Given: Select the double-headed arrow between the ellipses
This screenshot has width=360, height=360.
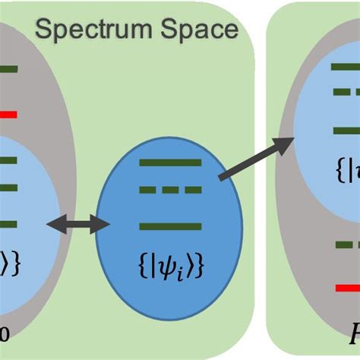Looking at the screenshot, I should coord(78,223).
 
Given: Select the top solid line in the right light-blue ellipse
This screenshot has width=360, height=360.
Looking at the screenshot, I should coord(346,68).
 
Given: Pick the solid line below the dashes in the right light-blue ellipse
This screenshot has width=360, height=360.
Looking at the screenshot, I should coord(346,130).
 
